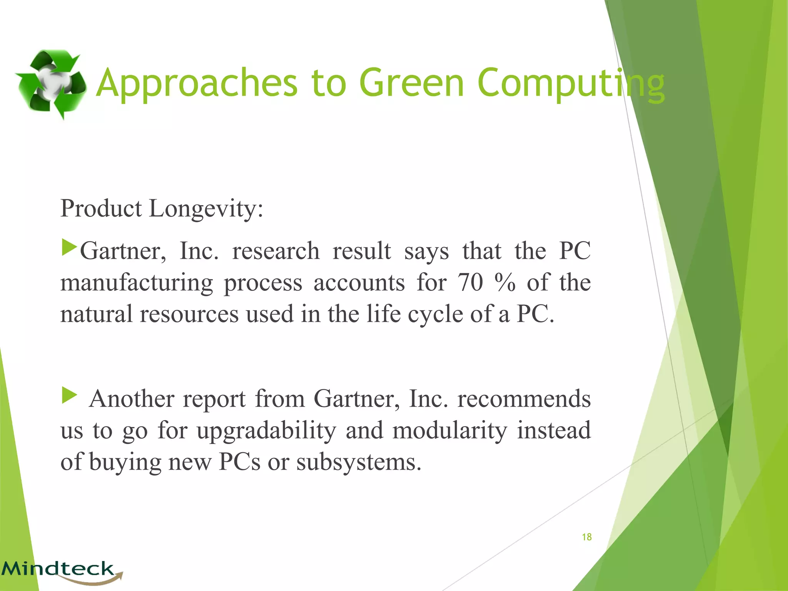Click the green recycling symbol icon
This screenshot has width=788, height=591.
pyautogui.click(x=50, y=84)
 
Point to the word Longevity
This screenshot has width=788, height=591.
pyautogui.click(x=206, y=209)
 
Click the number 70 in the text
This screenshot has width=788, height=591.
pyautogui.click(x=470, y=282)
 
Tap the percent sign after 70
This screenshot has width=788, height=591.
pyautogui.click(x=505, y=282)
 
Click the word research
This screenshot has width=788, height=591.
pyautogui.click(x=275, y=251)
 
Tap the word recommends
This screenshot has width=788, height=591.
pyautogui.click(x=524, y=399)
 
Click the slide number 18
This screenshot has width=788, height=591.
pyautogui.click(x=586, y=537)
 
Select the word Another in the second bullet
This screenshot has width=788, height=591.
pyautogui.click(x=132, y=399)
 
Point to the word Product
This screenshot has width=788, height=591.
pyautogui.click(x=101, y=209)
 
